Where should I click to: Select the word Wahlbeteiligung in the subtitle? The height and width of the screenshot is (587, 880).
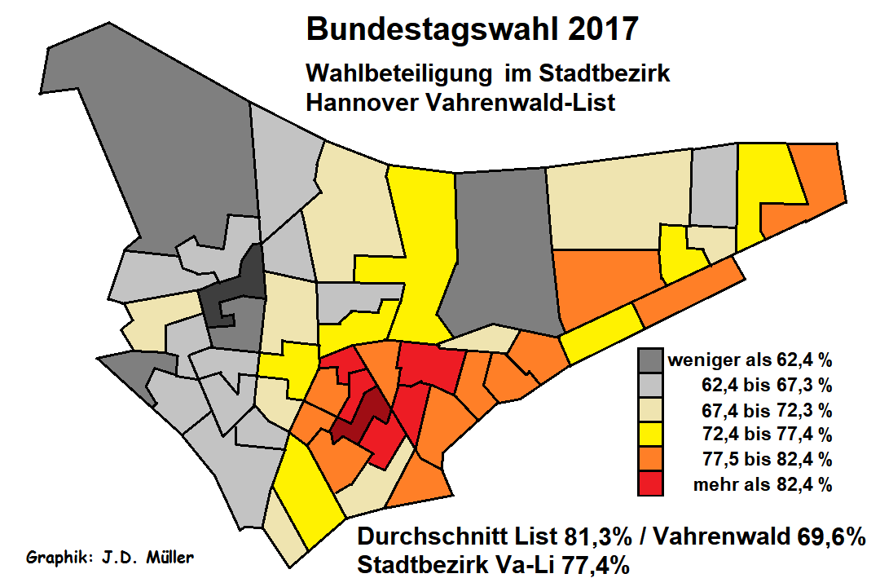click(398, 73)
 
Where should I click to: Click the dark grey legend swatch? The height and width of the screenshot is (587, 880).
click(650, 359)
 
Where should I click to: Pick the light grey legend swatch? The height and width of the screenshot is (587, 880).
click(650, 383)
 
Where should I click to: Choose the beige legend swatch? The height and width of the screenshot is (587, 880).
click(650, 408)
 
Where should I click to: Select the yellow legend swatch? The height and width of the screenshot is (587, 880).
click(650, 434)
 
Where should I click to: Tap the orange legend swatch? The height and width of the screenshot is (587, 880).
click(650, 459)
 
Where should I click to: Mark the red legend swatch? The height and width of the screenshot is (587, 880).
click(650, 484)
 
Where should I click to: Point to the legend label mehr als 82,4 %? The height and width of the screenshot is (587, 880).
click(762, 485)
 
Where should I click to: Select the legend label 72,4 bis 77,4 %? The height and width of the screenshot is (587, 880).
click(767, 435)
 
